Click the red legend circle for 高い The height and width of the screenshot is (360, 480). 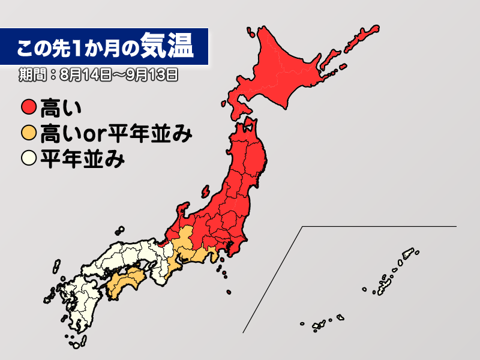click(x=28, y=109)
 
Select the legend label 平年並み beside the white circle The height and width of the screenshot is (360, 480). click(x=82, y=159)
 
